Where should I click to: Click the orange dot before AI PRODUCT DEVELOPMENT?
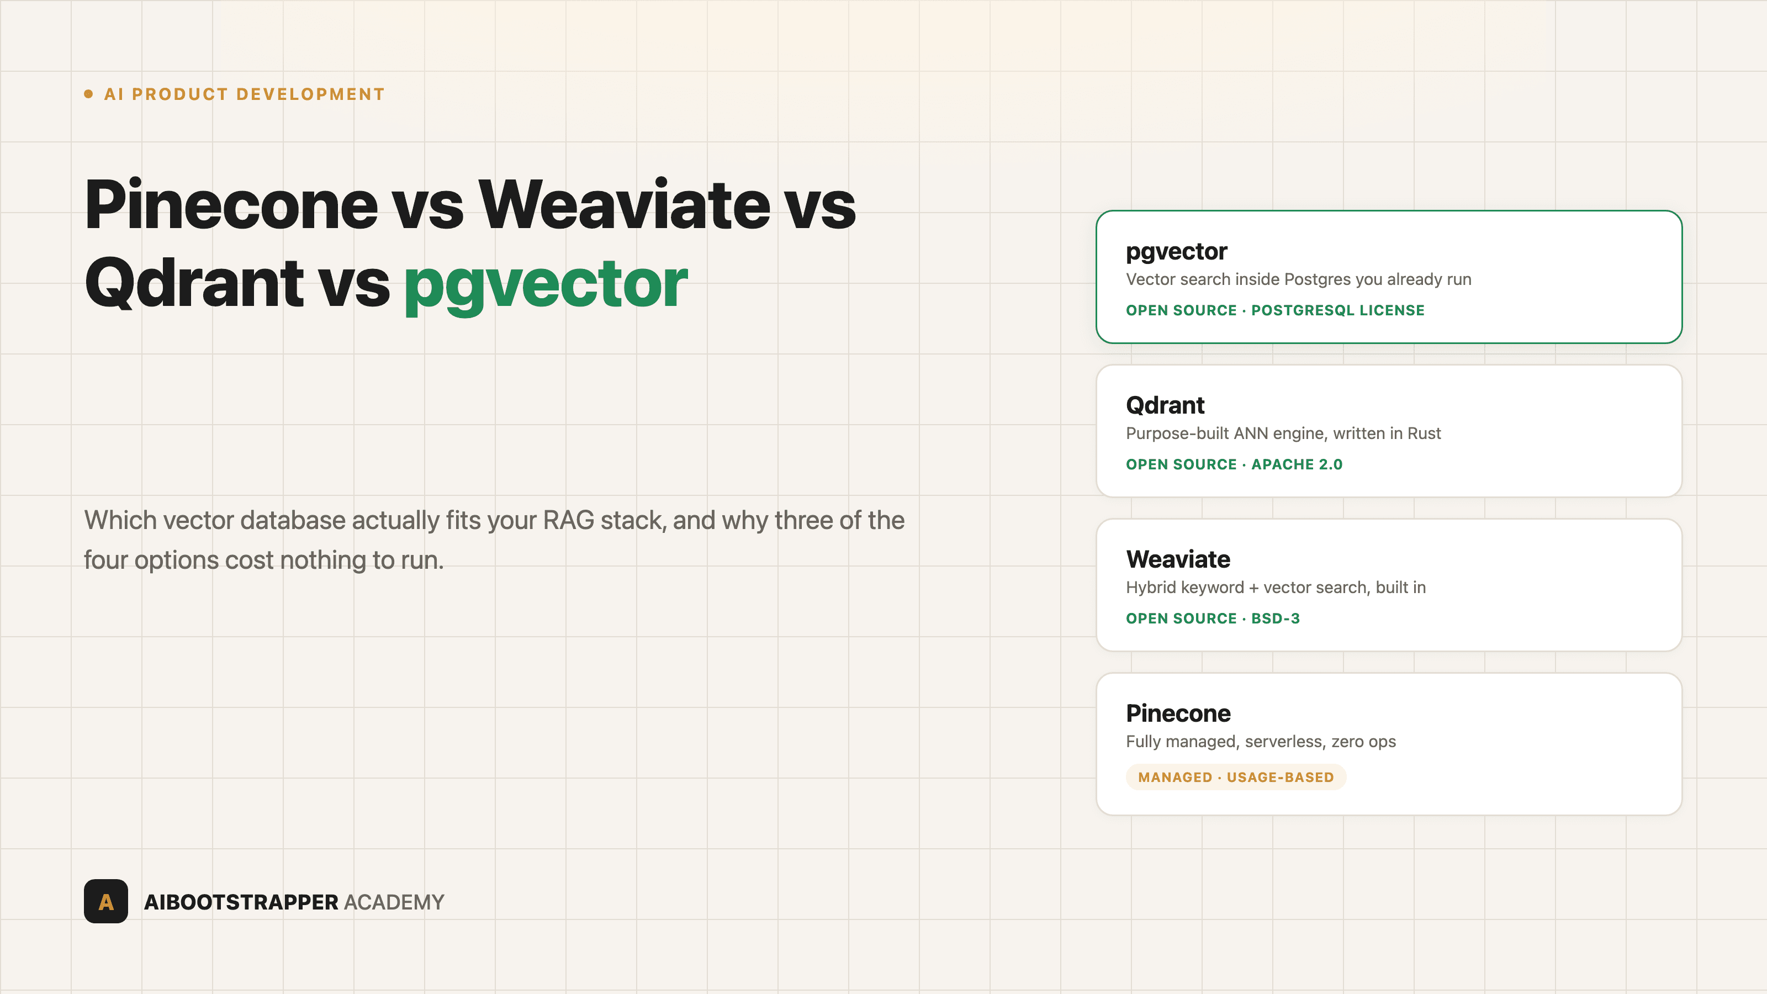tap(88, 94)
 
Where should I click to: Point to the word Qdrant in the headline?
tap(194, 284)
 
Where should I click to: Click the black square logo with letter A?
tap(105, 901)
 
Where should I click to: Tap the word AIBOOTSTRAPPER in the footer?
tap(241, 902)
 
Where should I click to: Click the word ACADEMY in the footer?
tap(394, 902)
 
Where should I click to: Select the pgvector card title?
tap(1176, 252)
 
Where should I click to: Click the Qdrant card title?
tap(1165, 405)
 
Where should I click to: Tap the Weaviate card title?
tap(1178, 559)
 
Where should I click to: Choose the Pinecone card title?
tap(1178, 713)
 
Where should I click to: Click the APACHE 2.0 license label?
tap(1297, 464)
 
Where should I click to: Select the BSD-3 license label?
tap(1275, 618)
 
